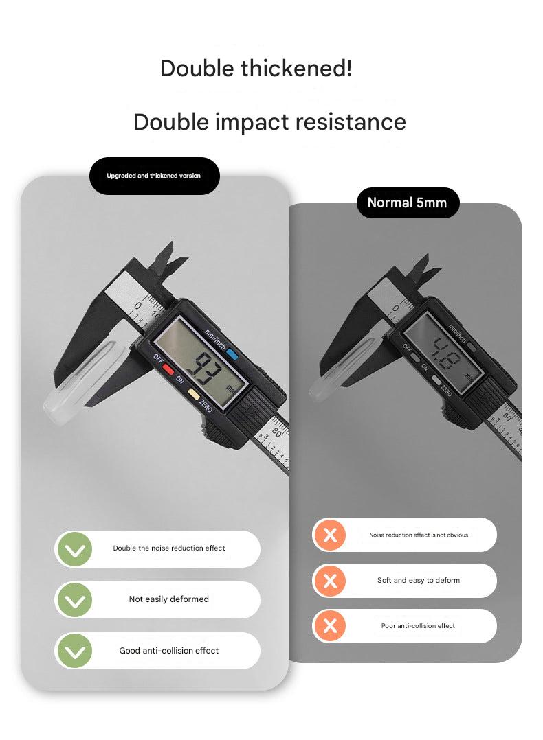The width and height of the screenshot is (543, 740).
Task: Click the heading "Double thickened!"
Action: coord(256,69)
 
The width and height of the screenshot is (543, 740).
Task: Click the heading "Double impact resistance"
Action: coord(270,122)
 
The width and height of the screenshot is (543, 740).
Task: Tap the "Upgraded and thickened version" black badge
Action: coord(154,176)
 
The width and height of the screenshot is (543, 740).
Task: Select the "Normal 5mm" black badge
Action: coord(408,203)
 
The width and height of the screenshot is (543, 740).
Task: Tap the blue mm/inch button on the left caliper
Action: coord(232,354)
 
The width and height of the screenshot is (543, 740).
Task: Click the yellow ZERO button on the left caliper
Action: coord(193,392)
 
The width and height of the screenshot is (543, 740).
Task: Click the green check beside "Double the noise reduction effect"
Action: coord(75,549)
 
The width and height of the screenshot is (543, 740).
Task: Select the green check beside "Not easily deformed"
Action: coord(75,600)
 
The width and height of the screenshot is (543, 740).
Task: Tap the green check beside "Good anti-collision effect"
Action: coord(75,651)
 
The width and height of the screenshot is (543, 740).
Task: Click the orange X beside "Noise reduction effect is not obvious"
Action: coord(330,535)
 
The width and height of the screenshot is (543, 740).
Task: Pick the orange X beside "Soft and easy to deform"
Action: coord(330,581)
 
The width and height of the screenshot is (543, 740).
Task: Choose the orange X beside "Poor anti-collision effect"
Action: coord(330,626)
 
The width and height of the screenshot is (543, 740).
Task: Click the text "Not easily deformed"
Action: coord(168,599)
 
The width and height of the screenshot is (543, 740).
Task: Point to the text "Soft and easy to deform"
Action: coord(418,581)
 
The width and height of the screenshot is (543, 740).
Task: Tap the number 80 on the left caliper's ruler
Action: coord(277,431)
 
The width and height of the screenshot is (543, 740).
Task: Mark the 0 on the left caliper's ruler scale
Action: coord(137,306)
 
